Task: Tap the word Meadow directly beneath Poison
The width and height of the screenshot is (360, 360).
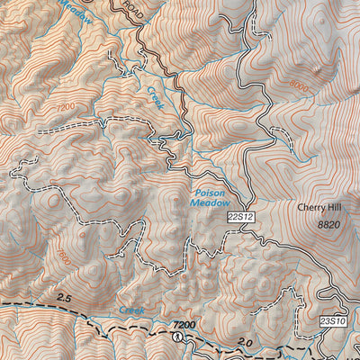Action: point(209,203)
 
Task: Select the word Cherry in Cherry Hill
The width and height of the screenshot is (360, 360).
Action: point(307,206)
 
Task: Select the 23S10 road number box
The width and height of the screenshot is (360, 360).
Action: point(332,319)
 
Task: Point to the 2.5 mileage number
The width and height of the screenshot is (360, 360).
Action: point(62,296)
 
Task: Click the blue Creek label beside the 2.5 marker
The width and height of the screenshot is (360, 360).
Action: point(130,309)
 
